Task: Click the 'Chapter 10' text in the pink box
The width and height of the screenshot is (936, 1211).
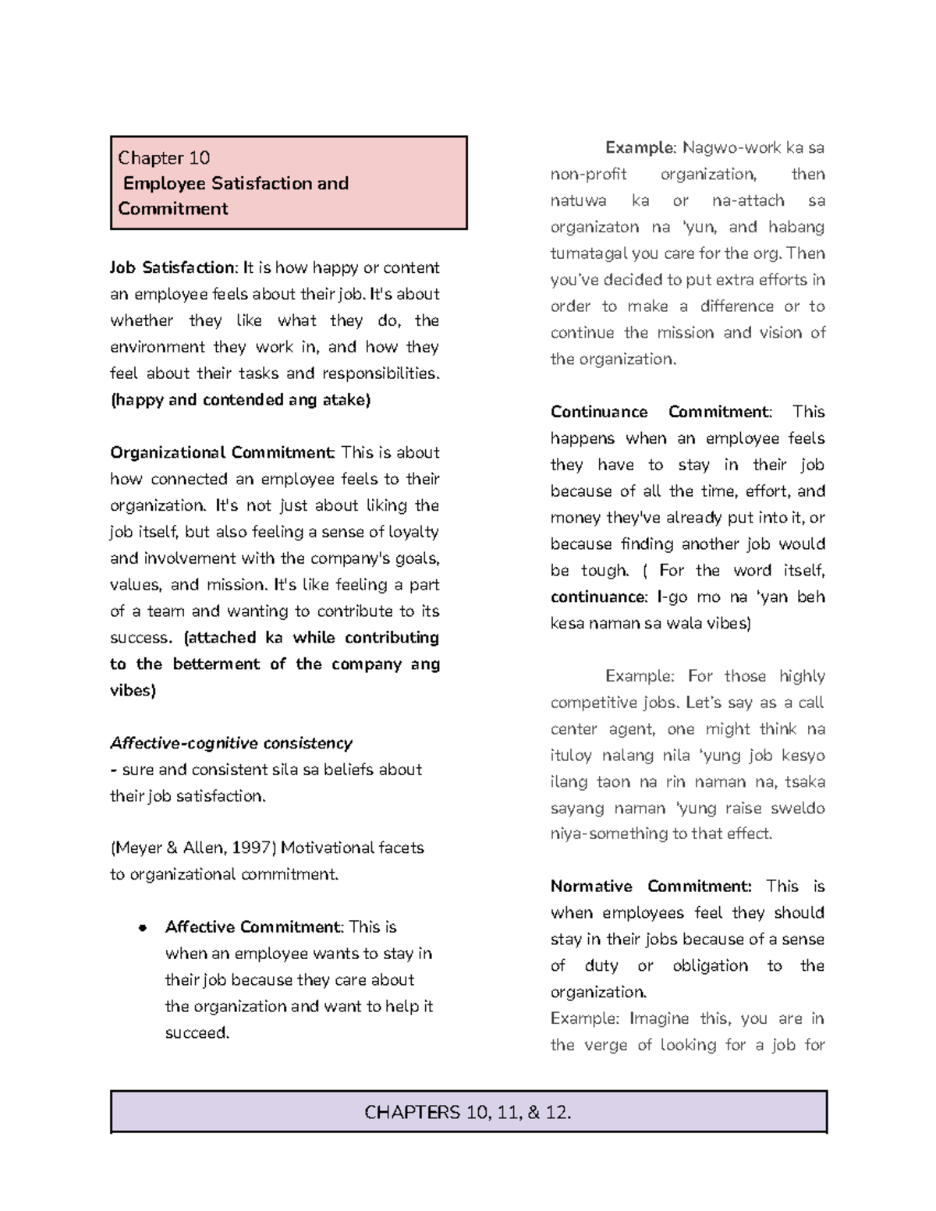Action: click(x=164, y=158)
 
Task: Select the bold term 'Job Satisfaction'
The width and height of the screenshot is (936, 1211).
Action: click(x=172, y=267)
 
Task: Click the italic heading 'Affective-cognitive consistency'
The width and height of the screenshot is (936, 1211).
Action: click(x=231, y=742)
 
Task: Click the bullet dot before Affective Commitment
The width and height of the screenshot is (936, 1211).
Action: click(x=142, y=928)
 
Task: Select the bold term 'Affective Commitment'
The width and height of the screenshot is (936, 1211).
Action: click(x=253, y=927)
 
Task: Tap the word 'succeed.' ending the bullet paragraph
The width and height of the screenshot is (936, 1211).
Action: click(x=197, y=1032)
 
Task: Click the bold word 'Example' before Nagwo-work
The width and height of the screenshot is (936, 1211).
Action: click(x=639, y=147)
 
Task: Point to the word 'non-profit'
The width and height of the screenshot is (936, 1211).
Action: click(x=588, y=174)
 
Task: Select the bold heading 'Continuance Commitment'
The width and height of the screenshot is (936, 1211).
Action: click(x=661, y=412)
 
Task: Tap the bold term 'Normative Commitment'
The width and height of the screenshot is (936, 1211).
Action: click(x=651, y=886)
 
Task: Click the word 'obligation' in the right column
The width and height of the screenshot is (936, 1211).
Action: click(x=710, y=965)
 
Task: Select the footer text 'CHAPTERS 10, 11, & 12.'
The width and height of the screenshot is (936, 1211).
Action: click(x=468, y=1112)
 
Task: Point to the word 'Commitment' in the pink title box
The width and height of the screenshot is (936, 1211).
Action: click(x=173, y=208)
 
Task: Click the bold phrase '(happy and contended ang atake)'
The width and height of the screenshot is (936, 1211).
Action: click(x=240, y=400)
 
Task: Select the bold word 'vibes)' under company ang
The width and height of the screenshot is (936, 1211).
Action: click(x=133, y=690)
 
